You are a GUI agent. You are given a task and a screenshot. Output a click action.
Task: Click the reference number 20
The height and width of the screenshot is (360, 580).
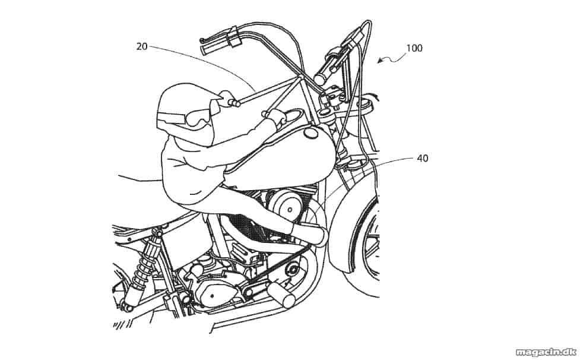(x=142, y=46)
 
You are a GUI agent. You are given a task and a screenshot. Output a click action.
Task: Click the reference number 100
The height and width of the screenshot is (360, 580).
(x=414, y=48)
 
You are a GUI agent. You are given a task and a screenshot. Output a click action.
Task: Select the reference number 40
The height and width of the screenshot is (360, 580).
(x=423, y=159)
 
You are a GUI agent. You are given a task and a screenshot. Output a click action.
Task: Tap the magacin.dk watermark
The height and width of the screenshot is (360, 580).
(x=546, y=352)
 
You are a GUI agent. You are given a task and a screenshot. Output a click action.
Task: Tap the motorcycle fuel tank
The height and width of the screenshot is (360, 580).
(x=281, y=159)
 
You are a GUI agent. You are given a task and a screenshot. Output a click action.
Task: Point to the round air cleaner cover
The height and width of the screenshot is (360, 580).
(x=290, y=207)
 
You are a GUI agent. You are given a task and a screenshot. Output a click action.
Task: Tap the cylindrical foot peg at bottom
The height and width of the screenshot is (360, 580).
(x=282, y=295)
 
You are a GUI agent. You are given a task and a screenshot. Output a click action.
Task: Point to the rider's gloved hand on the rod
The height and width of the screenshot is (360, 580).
(x=226, y=97)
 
